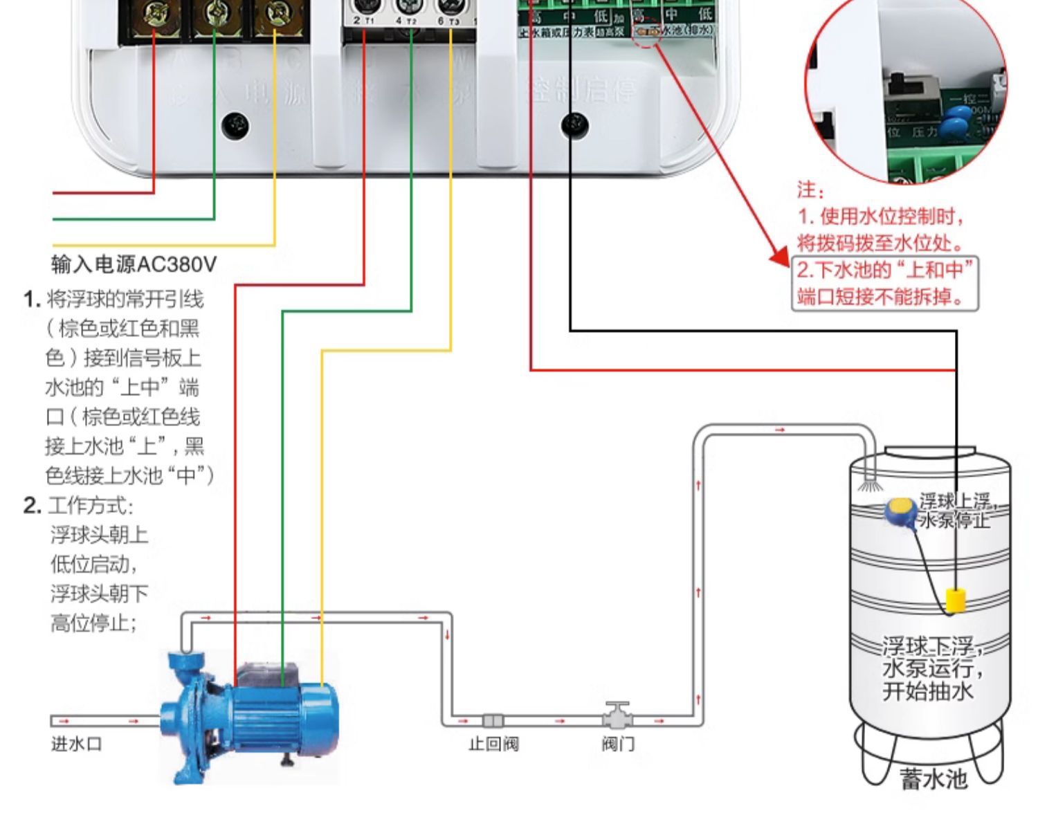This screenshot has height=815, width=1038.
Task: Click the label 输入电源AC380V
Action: pyautogui.click(x=134, y=264)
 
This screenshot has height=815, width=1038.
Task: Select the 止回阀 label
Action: pyautogui.click(x=493, y=744)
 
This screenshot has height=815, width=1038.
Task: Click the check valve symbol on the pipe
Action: pyautogui.click(x=493, y=721)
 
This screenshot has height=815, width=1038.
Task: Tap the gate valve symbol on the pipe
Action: pyautogui.click(x=617, y=717)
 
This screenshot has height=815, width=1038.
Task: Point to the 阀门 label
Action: pyautogui.click(x=617, y=744)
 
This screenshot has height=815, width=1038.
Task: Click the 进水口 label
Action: pyautogui.click(x=77, y=744)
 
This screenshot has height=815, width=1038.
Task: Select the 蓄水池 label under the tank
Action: pyautogui.click(x=933, y=780)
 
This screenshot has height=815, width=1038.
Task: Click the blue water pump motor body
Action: pyautogui.click(x=277, y=713)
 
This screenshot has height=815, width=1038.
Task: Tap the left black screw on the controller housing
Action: pyautogui.click(x=236, y=125)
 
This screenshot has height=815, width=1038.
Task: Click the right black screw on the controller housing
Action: pyautogui.click(x=574, y=125)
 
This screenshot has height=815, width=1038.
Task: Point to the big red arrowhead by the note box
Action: pyautogui.click(x=781, y=257)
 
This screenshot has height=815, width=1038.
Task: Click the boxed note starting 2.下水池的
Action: pyautogui.click(x=885, y=284)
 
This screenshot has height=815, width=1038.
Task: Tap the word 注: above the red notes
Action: pyautogui.click(x=810, y=190)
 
